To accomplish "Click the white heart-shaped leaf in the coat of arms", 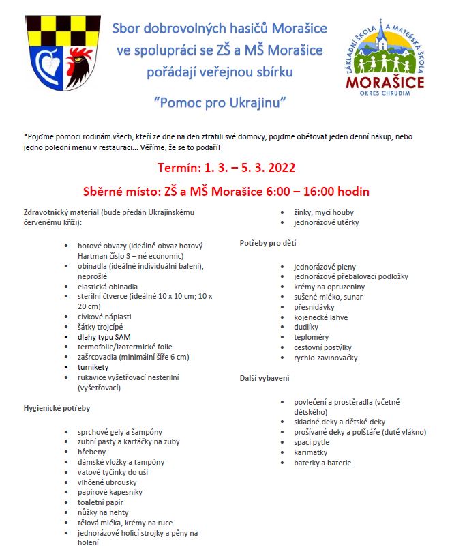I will click(46, 66).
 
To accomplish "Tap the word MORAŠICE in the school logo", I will click(385, 83).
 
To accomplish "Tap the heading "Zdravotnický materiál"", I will click(61, 212).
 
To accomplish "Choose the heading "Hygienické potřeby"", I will click(57, 408).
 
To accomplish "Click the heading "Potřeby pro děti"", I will click(268, 243).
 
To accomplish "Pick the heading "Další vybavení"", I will click(265, 377).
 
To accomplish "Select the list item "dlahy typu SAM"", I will click(104, 336).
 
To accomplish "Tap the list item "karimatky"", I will click(311, 452).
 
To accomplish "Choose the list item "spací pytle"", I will click(312, 442).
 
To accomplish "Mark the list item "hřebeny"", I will click(93, 452).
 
